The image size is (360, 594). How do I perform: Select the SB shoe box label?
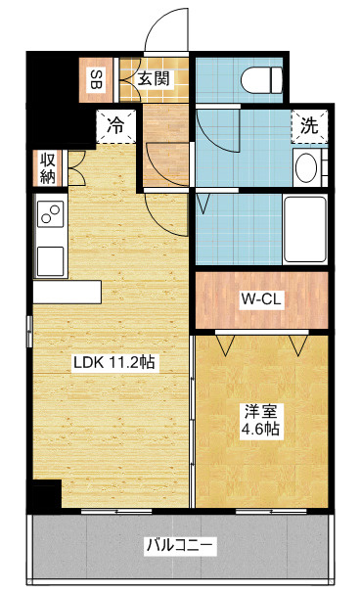coord(98,78)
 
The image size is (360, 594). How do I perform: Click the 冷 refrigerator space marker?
coord(115,125)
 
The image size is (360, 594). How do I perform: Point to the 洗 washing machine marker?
coord(308,125)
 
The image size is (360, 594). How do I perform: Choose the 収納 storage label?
coord(47,167)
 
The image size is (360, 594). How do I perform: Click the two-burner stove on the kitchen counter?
coord(51,213)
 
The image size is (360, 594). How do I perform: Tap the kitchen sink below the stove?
coord(51,260)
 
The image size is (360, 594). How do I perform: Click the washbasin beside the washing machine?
coord(306,167)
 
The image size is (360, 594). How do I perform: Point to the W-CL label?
coord(261,299)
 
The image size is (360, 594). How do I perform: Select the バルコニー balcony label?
coord(179,544)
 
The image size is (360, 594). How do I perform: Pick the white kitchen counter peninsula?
coord(67,292)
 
